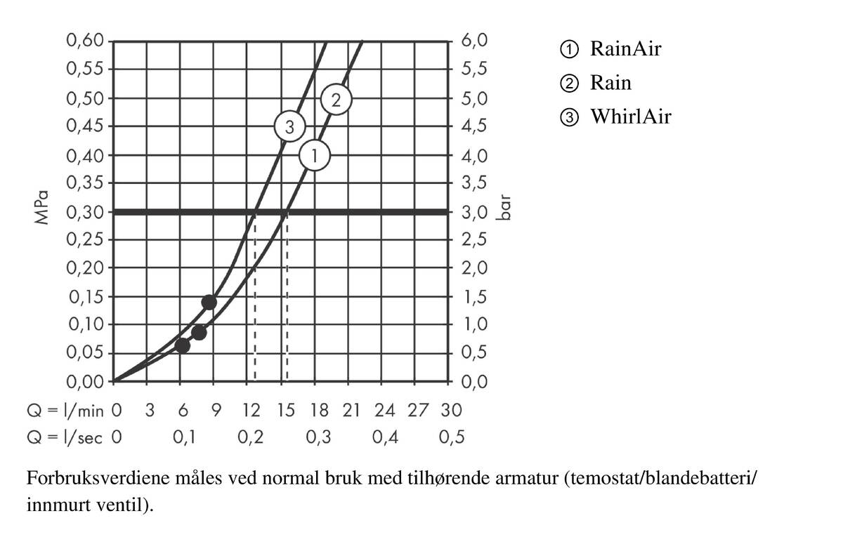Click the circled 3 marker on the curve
(x=288, y=127)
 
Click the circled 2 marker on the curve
(x=336, y=100)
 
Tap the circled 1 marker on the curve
(x=315, y=155)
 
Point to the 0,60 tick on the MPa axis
(x=85, y=40)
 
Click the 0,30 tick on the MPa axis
(x=85, y=211)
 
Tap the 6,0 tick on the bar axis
(x=475, y=41)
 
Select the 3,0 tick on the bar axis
(x=475, y=212)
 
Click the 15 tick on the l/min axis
(x=286, y=410)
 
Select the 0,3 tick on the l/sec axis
(x=319, y=437)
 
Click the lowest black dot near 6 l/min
(x=182, y=345)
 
